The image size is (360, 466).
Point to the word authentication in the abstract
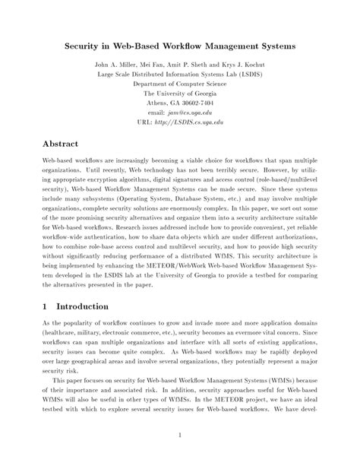99,234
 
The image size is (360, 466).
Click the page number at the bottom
179,434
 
